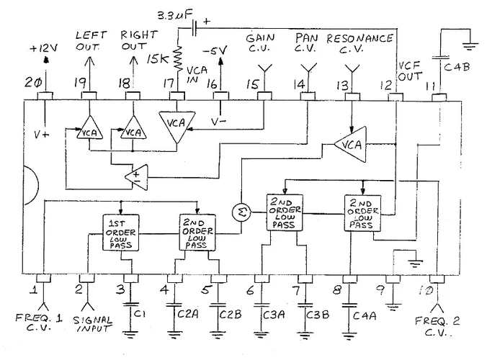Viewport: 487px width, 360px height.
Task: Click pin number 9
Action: pos(393,292)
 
